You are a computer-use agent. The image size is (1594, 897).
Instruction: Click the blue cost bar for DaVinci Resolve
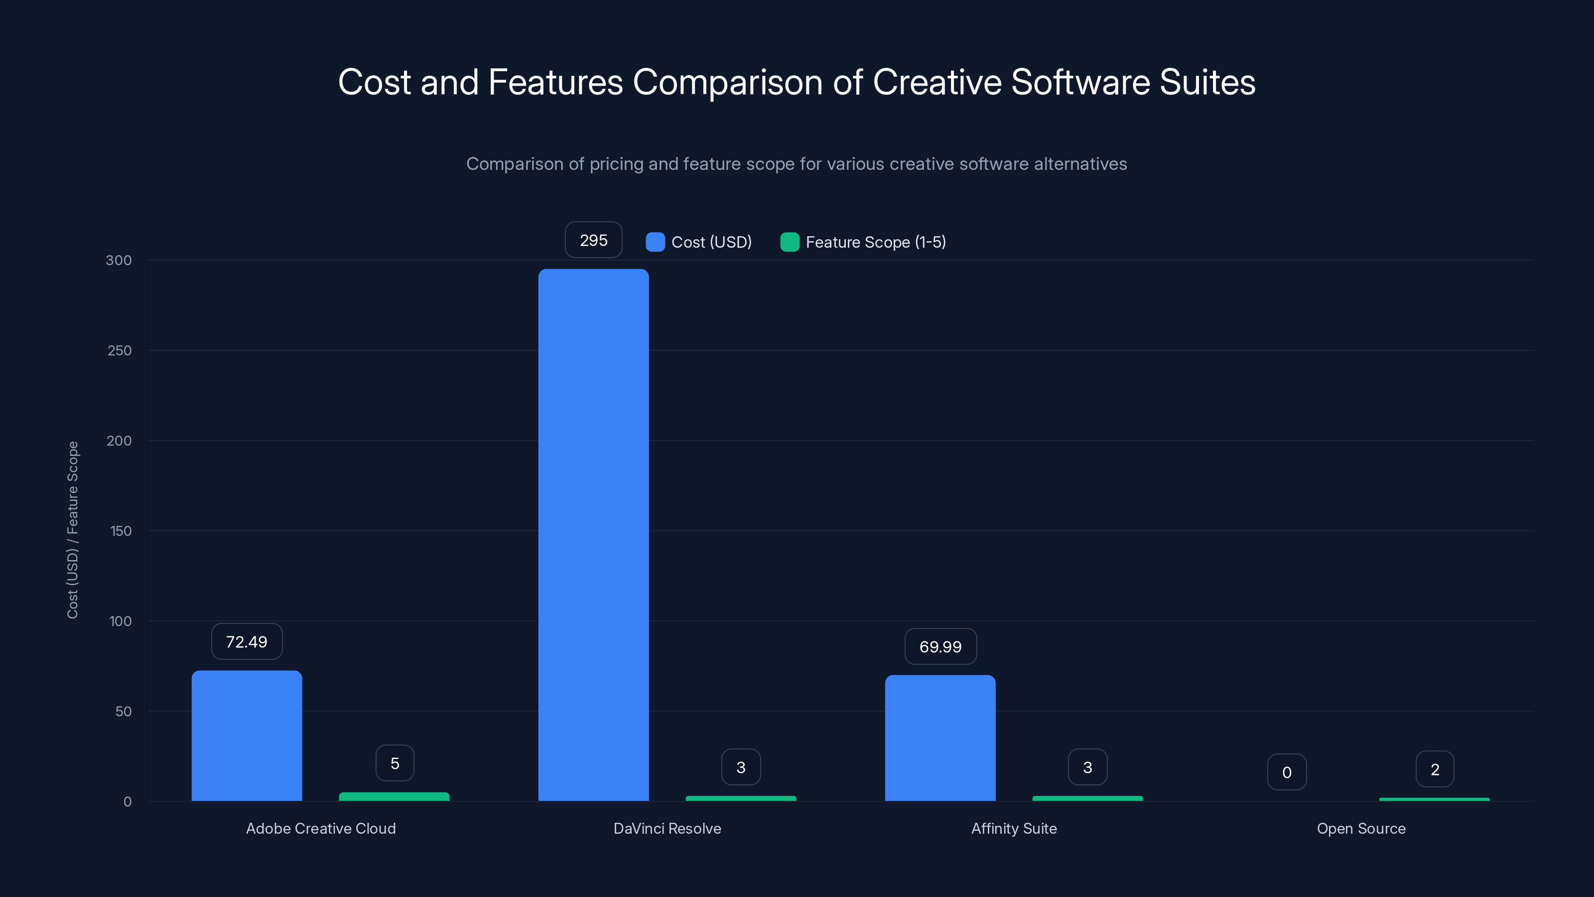[593, 535]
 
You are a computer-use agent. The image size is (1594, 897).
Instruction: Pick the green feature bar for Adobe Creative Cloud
[394, 797]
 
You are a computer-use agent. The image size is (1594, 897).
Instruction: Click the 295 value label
[593, 240]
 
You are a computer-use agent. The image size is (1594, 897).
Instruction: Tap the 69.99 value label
[940, 647]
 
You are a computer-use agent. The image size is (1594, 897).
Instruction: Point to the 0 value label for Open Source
[1287, 772]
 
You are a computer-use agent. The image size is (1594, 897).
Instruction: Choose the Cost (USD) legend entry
[699, 242]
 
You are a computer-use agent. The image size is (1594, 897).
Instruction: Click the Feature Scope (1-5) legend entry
[863, 242]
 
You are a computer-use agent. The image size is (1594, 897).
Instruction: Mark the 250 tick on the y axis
[120, 350]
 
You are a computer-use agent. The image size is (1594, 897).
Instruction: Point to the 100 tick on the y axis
[120, 621]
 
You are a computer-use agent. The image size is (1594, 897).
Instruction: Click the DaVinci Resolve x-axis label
[667, 828]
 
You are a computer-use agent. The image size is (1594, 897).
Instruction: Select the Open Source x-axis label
[1361, 828]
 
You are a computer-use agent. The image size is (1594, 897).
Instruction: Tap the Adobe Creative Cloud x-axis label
[320, 828]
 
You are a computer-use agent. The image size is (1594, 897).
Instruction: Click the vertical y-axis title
[72, 530]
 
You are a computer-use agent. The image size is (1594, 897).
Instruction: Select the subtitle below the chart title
[797, 164]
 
